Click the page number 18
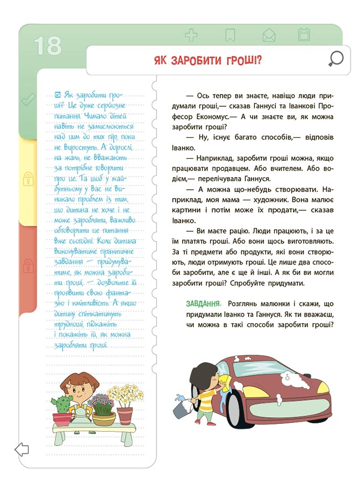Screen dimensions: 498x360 (47, 45)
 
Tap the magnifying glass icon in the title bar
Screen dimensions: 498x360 (336, 58)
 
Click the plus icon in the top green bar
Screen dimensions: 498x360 (191, 36)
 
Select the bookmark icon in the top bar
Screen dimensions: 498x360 (230, 36)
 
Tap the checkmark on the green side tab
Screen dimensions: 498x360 (27, 100)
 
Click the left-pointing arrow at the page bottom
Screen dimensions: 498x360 (22, 449)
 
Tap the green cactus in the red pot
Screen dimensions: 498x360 (61, 403)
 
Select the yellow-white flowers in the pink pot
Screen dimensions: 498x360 (126, 396)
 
